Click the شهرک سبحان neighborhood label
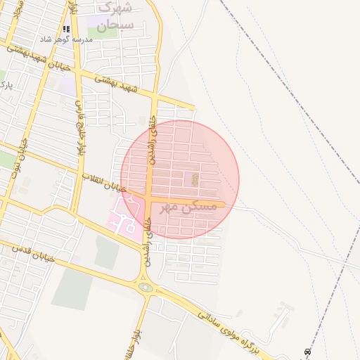click(x=115, y=16)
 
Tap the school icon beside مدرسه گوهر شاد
click(x=67, y=29)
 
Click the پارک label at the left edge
click(x=6, y=86)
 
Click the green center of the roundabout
click(x=146, y=287)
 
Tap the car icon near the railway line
click(x=307, y=352)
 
